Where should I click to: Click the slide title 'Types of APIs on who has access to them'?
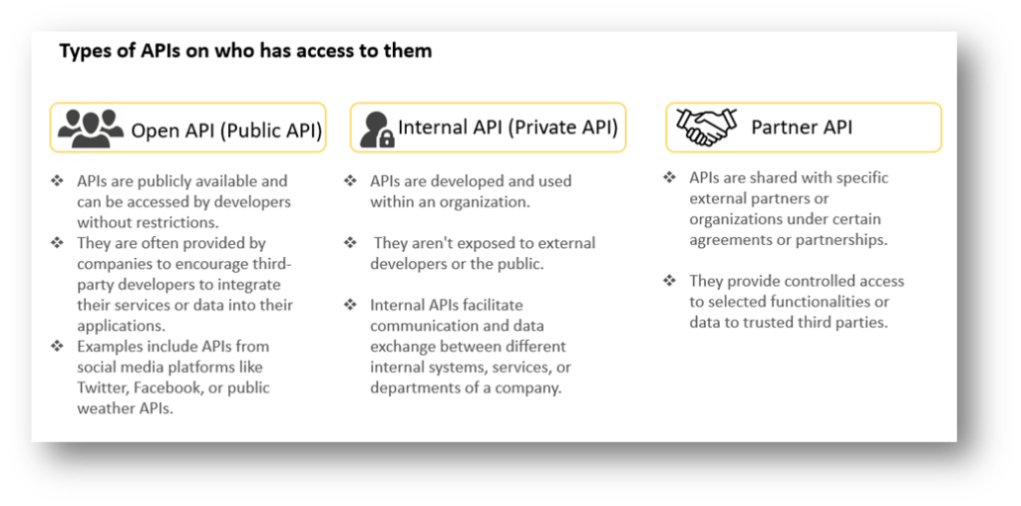pyautogui.click(x=245, y=51)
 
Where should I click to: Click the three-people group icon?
pyautogui.click(x=91, y=127)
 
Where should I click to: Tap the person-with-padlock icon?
pyautogui.click(x=377, y=128)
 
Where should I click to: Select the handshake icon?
pyautogui.click(x=706, y=126)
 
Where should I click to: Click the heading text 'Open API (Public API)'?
pyautogui.click(x=226, y=129)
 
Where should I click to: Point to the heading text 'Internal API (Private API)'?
pyautogui.click(x=508, y=127)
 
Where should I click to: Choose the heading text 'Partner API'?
pyautogui.click(x=802, y=127)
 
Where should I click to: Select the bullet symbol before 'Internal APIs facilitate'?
pyautogui.click(x=350, y=305)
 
